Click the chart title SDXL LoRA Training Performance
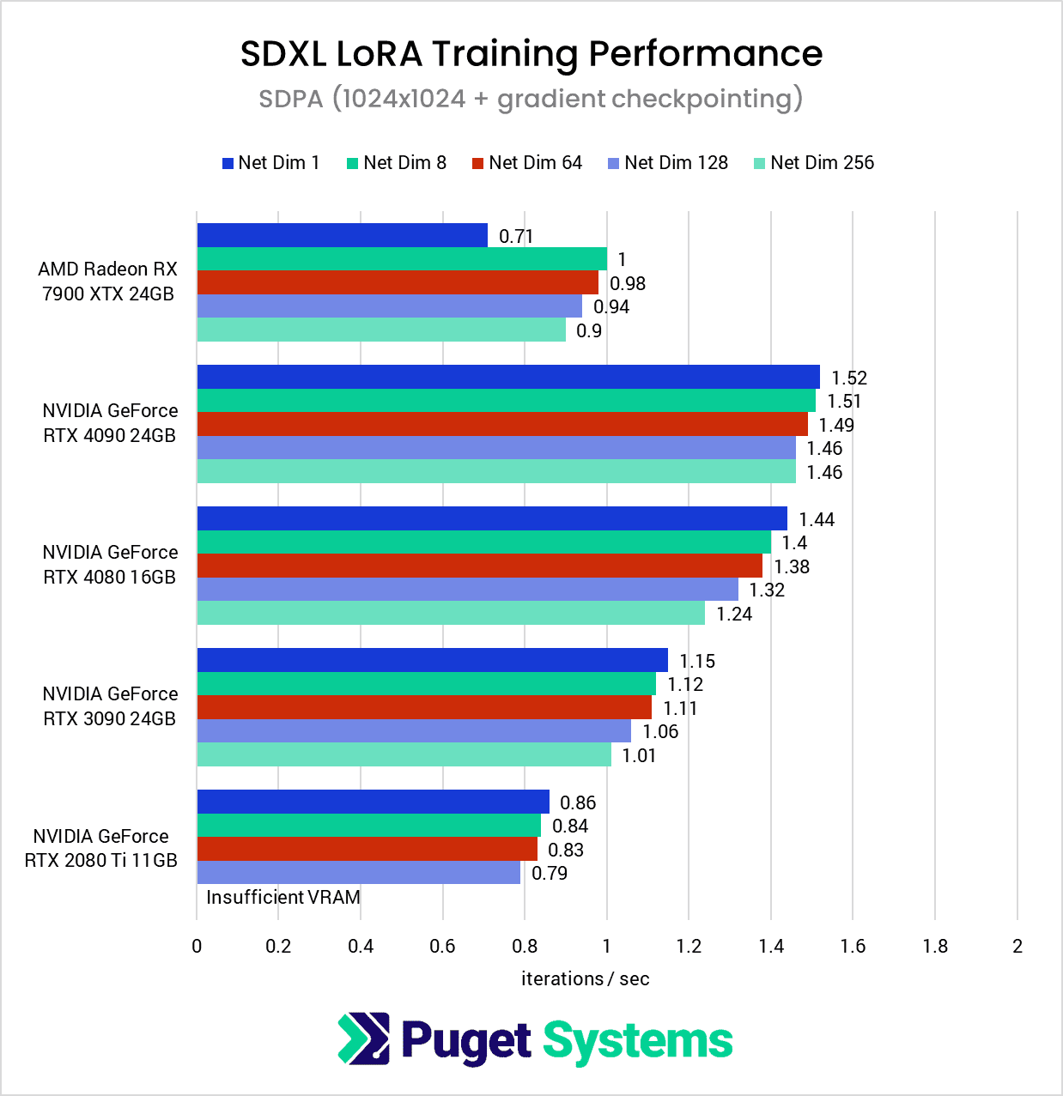531,53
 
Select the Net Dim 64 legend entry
526,163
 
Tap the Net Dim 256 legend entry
813,163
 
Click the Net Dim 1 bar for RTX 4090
508,377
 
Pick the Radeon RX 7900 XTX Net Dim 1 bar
342,235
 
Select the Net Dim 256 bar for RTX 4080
451,613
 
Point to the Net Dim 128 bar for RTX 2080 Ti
358,873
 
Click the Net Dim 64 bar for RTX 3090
424,707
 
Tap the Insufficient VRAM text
283,897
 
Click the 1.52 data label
849,378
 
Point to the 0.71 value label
516,236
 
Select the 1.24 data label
734,614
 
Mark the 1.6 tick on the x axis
853,946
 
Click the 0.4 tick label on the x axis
361,946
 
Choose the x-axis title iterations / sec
585,978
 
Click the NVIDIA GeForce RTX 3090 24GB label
110,706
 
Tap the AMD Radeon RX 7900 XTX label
108,282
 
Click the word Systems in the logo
638,1041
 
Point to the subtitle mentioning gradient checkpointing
531,99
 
